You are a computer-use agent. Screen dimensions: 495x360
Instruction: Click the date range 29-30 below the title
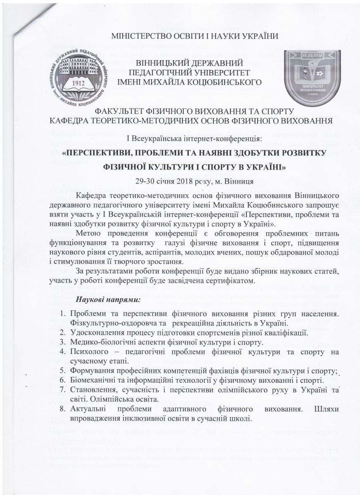[144, 181]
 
